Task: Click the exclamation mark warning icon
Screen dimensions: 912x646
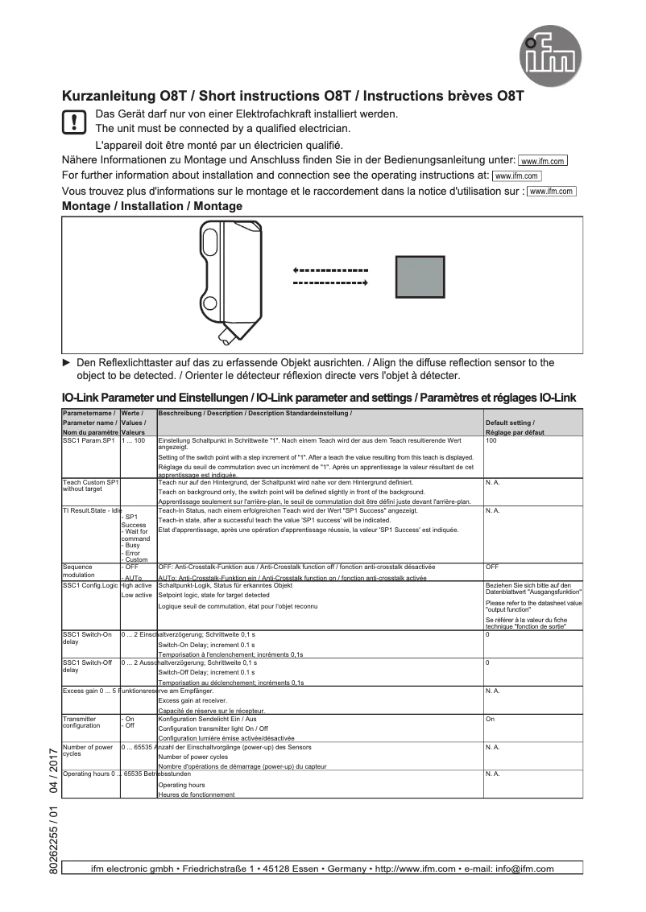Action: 74,122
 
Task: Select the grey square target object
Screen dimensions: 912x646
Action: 419,276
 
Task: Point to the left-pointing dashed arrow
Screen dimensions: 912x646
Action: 330,270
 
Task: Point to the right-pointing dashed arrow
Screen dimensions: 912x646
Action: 330,283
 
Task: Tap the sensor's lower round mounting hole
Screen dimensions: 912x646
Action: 209,304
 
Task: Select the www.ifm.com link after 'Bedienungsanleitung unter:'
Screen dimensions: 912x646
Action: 543,161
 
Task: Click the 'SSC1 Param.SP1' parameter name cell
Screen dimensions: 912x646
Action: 89,441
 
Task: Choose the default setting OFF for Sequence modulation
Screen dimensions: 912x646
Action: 492,567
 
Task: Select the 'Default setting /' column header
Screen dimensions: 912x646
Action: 509,423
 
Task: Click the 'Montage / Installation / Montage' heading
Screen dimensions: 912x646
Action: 152,206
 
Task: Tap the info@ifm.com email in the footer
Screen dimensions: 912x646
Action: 525,869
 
